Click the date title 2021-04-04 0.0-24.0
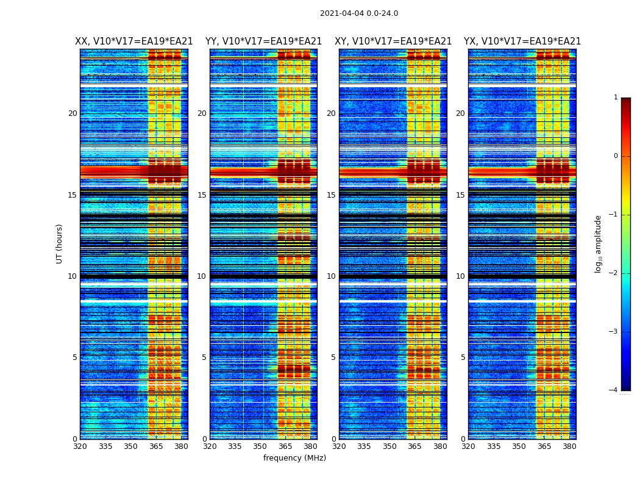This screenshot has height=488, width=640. click(359, 13)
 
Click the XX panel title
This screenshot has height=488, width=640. click(134, 41)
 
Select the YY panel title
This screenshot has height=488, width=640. click(263, 41)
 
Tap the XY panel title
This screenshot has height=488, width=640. click(393, 41)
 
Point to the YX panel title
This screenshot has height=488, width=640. click(522, 41)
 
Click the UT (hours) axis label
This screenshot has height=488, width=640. click(60, 243)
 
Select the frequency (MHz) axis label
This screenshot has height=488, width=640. click(294, 458)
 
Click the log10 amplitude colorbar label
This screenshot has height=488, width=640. click(599, 243)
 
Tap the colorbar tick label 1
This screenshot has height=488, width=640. click(615, 98)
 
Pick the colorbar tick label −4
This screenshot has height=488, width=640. click(614, 390)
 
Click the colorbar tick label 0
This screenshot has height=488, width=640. click(615, 156)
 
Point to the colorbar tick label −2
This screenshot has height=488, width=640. click(614, 273)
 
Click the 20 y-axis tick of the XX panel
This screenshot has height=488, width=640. click(73, 113)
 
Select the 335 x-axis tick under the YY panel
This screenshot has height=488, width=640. click(235, 447)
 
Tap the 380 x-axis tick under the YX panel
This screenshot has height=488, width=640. click(569, 447)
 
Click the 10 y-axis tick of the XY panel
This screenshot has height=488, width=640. click(331, 276)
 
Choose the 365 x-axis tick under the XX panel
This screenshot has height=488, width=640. click(156, 447)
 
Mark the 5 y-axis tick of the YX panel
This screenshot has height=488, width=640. click(463, 357)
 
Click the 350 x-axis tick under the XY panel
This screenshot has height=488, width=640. click(389, 447)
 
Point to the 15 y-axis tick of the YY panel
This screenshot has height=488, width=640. click(202, 195)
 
